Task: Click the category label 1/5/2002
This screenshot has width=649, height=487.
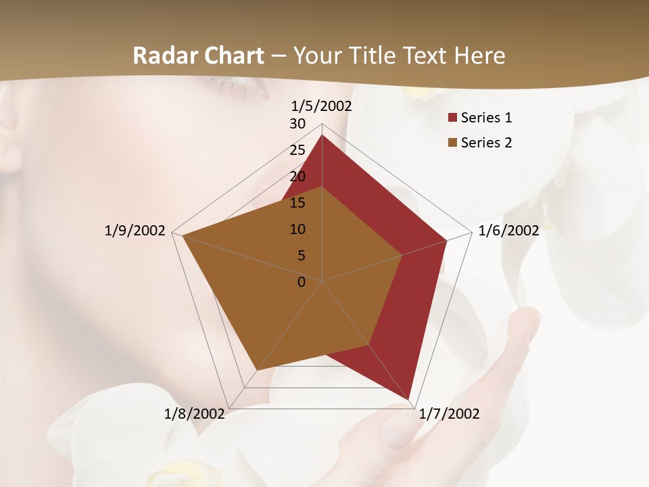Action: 322,106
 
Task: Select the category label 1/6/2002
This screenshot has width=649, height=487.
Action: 508,231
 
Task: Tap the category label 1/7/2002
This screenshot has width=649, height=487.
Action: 449,414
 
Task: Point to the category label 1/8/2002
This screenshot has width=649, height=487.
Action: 195,414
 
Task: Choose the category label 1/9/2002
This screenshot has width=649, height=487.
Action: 135,231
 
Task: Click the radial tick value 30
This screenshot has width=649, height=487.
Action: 297,124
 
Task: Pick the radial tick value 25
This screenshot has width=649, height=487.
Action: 297,150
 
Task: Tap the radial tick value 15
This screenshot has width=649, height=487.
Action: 297,203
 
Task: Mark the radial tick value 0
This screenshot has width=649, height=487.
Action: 302,282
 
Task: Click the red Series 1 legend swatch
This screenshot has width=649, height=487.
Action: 453,118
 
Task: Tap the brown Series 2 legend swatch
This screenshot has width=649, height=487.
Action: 453,143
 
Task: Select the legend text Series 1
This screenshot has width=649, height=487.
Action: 487,118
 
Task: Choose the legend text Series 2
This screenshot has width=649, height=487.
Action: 487,143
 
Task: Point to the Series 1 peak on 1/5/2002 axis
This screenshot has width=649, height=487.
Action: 322,135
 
